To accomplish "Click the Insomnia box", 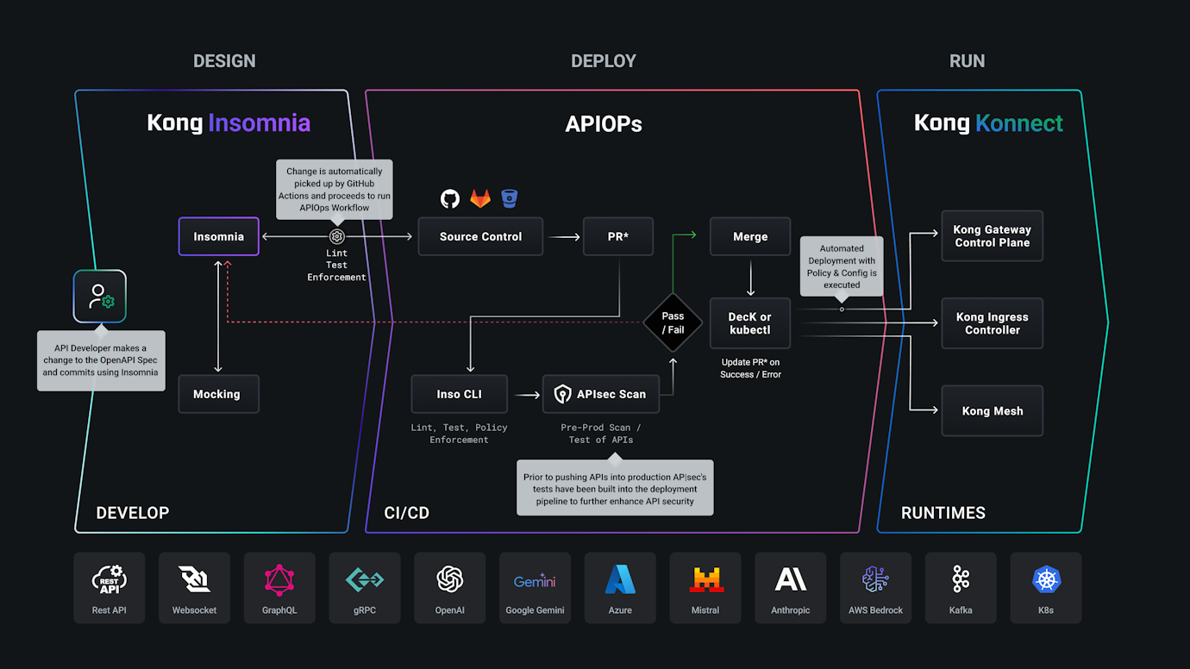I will [218, 236].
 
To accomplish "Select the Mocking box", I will [218, 394].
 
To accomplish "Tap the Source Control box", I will [480, 236].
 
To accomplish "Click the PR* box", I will [617, 236].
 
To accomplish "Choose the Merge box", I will [749, 236].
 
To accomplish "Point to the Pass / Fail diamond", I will [673, 323].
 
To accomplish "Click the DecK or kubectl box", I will [749, 323].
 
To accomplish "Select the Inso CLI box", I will [459, 394].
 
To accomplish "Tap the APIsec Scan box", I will [601, 394].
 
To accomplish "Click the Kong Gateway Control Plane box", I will [992, 236].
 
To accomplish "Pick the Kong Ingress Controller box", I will [992, 323].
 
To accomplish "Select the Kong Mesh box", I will [992, 411].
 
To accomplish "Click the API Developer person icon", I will [100, 297].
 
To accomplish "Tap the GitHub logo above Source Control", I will [450, 199].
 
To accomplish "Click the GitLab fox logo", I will [479, 199].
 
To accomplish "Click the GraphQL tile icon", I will [279, 580].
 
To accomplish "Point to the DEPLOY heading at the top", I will [603, 61].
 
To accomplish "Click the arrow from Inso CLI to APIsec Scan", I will [524, 395].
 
